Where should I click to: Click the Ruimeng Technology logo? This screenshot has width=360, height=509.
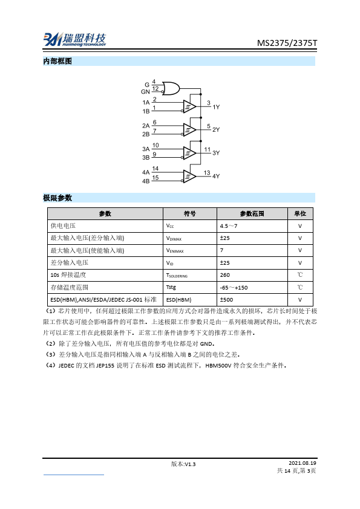[x=74, y=39]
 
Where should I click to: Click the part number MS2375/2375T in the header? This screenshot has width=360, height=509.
[x=287, y=44]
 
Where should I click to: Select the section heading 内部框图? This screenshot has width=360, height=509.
[x=57, y=62]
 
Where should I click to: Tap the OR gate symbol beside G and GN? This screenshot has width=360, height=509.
[x=172, y=88]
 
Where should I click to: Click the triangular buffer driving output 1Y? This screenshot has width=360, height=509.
[x=190, y=107]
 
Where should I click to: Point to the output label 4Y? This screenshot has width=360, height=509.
[x=216, y=177]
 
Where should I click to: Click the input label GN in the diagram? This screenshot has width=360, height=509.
[x=145, y=91]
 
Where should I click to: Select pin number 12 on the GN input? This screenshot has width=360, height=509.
[x=155, y=89]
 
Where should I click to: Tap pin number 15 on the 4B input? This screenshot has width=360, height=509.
[x=155, y=178]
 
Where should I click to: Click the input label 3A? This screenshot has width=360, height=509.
[x=146, y=149]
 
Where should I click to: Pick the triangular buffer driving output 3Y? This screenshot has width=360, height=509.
[x=190, y=153]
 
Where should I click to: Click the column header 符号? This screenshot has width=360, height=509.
[x=190, y=213]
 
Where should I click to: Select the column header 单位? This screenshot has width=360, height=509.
[x=300, y=213]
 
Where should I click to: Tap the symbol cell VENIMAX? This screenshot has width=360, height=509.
[x=174, y=250]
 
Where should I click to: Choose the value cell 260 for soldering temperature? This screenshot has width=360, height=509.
[x=225, y=275]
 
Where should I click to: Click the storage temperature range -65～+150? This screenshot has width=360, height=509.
[x=234, y=287]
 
